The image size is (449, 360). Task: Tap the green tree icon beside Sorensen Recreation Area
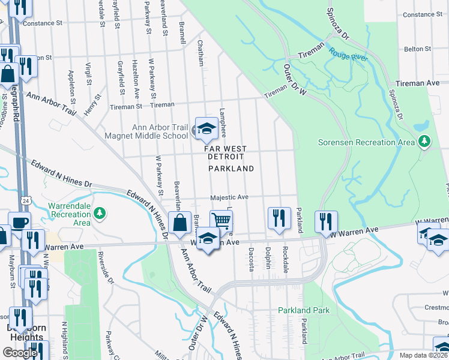coord(425,141)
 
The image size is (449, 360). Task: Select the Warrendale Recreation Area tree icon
coord(100,213)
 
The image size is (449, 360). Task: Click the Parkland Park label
coord(304,310)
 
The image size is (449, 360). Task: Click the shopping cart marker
coord(221,220)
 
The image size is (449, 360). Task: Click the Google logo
coord(20,353)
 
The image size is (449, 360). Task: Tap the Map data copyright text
coord(424,355)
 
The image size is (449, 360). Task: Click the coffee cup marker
coord(19,222)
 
